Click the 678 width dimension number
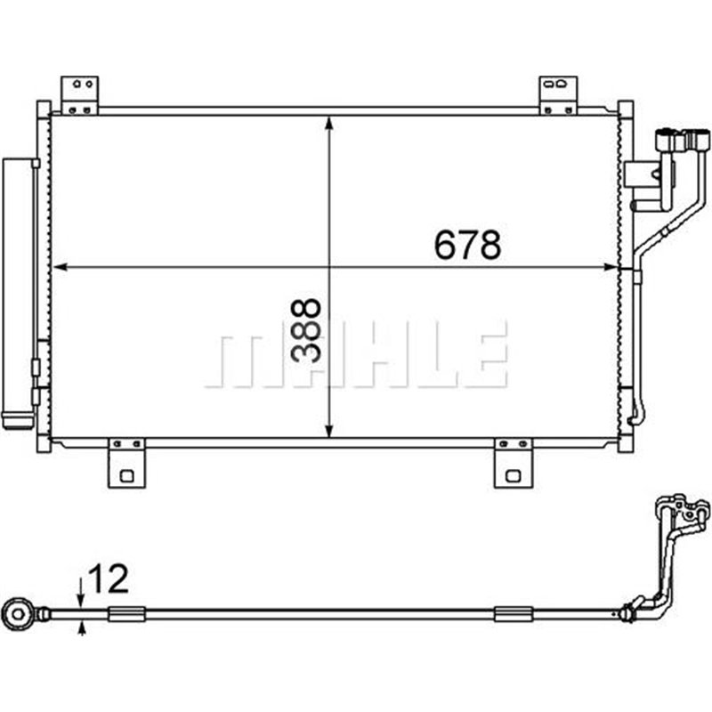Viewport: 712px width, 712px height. click(467, 245)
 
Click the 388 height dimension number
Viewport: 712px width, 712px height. click(307, 329)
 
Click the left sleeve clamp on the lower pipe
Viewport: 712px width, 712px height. click(125, 613)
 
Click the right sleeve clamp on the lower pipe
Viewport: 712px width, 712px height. click(513, 613)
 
